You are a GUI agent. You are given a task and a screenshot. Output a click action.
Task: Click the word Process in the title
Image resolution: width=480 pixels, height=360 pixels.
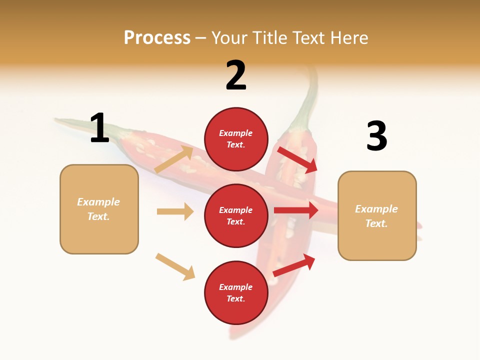coord(157,38)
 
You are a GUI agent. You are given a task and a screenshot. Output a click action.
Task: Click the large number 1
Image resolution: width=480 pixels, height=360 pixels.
coord(99,128)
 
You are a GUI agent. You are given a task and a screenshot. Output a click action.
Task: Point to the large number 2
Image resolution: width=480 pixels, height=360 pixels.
coord(236,75)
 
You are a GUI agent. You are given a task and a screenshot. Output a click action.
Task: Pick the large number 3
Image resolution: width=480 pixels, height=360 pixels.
coord(376,136)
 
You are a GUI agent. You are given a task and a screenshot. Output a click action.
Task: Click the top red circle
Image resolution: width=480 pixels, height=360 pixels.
coord(236,139)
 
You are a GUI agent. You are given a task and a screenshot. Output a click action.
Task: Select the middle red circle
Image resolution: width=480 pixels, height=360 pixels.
coord(236,215)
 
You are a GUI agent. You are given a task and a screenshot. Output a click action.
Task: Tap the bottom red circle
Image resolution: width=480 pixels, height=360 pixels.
coord(236,292)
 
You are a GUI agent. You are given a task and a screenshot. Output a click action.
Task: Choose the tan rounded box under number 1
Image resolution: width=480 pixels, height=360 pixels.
coord(99,209)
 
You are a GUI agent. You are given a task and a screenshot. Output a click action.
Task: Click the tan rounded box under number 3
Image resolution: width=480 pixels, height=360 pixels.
coord(377,215)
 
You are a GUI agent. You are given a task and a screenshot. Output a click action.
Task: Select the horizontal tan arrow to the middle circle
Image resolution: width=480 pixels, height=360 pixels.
coord(175,211)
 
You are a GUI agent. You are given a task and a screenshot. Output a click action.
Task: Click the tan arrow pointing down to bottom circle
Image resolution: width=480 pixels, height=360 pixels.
coord(175,266)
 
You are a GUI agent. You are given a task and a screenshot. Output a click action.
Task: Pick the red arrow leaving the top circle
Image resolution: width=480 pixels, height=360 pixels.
coord(297,159)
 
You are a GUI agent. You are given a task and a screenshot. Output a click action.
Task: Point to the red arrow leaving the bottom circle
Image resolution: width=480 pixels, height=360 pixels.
coord(294,265)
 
